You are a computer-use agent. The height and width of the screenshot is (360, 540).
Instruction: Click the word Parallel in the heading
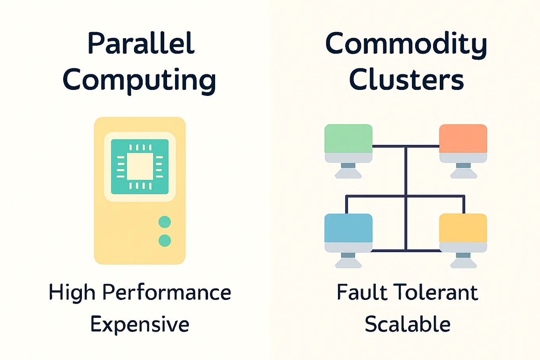pyautogui.click(x=141, y=43)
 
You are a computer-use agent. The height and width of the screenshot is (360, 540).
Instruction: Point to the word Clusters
pyautogui.click(x=406, y=79)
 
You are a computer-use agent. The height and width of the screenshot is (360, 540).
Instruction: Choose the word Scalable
pyautogui.click(x=408, y=324)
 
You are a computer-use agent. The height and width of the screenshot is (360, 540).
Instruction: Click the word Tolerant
pyautogui.click(x=435, y=292)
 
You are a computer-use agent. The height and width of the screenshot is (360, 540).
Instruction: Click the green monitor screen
pyautogui.click(x=348, y=138)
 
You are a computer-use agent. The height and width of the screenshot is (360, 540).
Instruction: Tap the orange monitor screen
pyautogui.click(x=463, y=138)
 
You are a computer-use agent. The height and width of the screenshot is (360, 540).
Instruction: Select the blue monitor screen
pyautogui.click(x=348, y=228)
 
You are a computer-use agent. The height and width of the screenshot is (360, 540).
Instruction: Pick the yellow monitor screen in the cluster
pyautogui.click(x=463, y=228)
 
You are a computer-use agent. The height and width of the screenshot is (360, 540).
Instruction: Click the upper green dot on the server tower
pyautogui.click(x=165, y=222)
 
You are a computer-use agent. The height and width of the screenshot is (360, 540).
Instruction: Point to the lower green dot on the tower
pyautogui.click(x=165, y=241)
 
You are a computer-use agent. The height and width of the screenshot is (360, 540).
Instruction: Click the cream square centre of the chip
pyautogui.click(x=140, y=166)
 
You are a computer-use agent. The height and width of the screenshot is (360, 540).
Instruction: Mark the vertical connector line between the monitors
pyautogui.click(x=406, y=198)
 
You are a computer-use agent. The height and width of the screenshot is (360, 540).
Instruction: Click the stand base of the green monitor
pyautogui.click(x=348, y=173)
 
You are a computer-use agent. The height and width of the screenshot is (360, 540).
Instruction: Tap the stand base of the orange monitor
pyautogui.click(x=464, y=173)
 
